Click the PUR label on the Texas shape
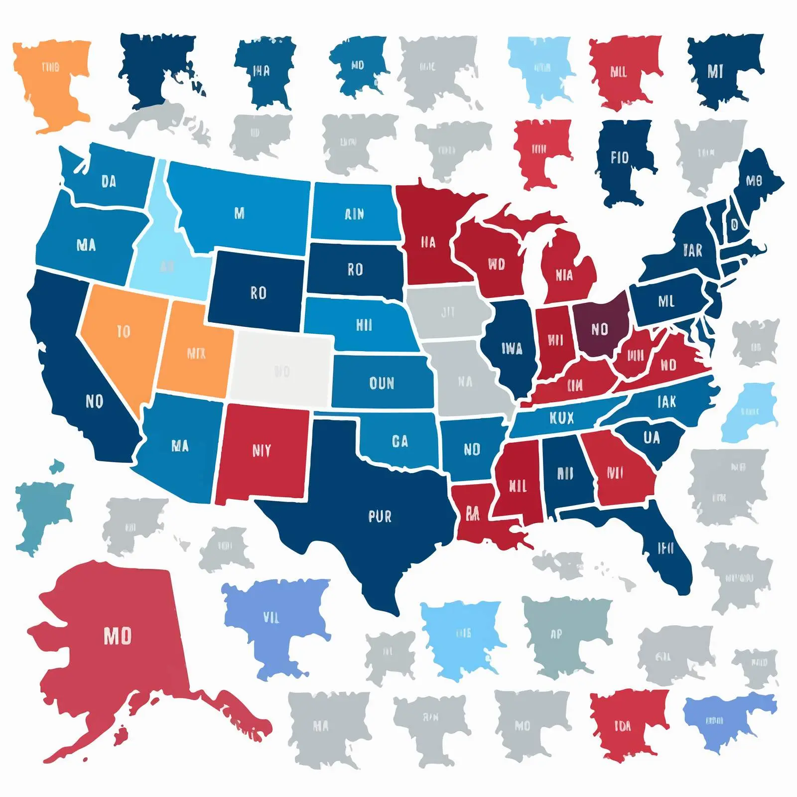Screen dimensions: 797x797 380,517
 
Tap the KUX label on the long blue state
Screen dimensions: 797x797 561,418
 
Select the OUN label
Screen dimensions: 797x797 382,383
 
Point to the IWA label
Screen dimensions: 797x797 512,349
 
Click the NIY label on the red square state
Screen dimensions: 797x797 262,451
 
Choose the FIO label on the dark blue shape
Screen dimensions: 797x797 620,158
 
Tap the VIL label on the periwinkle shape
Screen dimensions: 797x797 271,618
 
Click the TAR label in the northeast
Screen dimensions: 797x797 692,250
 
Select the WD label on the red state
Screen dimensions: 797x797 496,264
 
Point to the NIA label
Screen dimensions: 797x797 564,275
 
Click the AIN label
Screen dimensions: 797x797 354,214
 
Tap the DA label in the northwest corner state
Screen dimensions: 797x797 109,182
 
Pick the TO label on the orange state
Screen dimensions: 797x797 123,331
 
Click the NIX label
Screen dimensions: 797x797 196,354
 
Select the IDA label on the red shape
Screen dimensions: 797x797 622,726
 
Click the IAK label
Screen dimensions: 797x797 666,401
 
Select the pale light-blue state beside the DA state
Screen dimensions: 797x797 164,239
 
